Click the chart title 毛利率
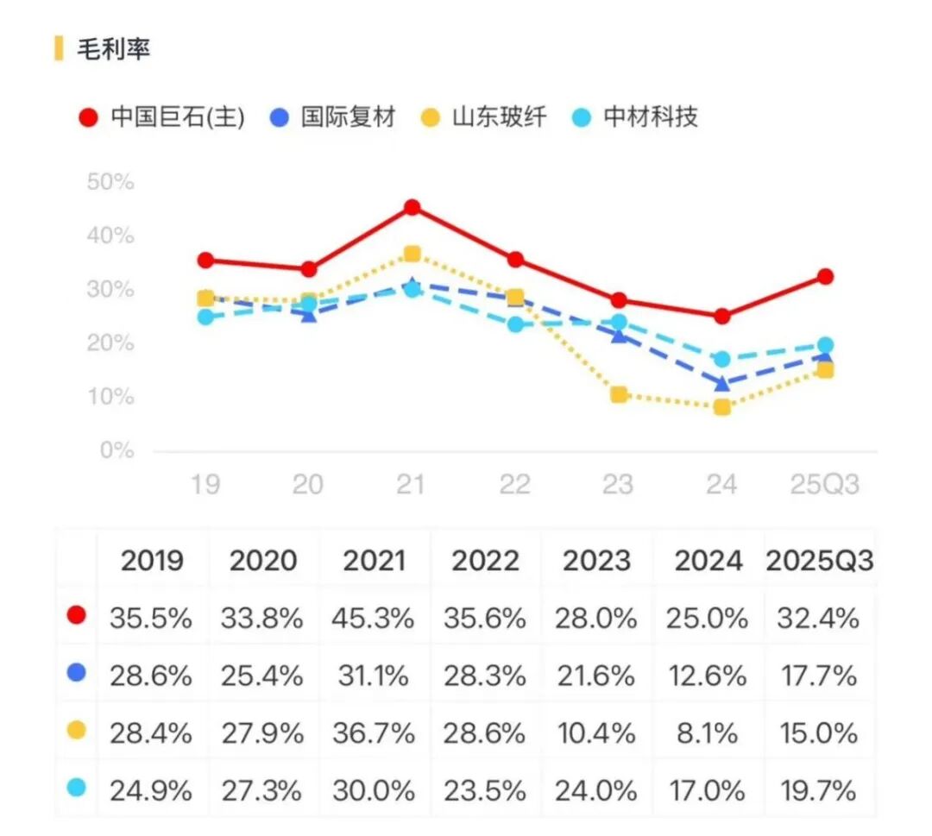click(114, 49)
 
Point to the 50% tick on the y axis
click(110, 182)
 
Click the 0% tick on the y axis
click(116, 450)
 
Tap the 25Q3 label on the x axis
click(825, 485)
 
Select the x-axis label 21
click(412, 485)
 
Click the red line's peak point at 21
click(412, 207)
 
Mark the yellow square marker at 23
click(619, 395)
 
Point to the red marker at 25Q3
click(825, 277)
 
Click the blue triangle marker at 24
click(721, 383)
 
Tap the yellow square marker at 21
click(412, 254)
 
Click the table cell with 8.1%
click(708, 733)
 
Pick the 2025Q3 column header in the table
click(819, 562)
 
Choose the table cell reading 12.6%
click(708, 676)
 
